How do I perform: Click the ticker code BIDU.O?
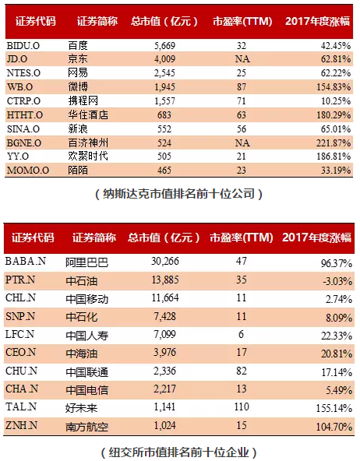[x=23, y=46]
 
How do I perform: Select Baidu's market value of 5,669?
[x=164, y=46]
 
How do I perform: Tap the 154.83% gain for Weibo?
[x=334, y=87]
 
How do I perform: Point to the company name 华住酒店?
[x=88, y=115]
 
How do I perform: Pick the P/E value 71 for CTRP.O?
[x=242, y=101]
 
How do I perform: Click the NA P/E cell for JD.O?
[x=242, y=59]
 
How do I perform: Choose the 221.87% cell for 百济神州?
[x=334, y=143]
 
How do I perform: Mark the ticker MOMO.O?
[x=28, y=171]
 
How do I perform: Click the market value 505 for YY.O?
[x=164, y=156]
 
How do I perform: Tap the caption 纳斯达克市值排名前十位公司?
[x=178, y=194]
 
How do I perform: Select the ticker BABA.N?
[x=26, y=261]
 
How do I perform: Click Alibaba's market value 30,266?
[x=165, y=261]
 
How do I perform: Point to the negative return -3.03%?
[x=337, y=281]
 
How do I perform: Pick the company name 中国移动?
[x=86, y=299]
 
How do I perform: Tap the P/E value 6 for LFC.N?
[x=242, y=334]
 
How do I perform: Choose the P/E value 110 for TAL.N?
[x=242, y=407]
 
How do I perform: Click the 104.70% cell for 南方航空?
[x=334, y=427]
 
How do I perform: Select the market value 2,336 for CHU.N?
[x=164, y=371]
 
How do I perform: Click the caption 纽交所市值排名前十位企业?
[x=178, y=452]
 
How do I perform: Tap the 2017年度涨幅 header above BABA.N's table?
[x=316, y=238]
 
